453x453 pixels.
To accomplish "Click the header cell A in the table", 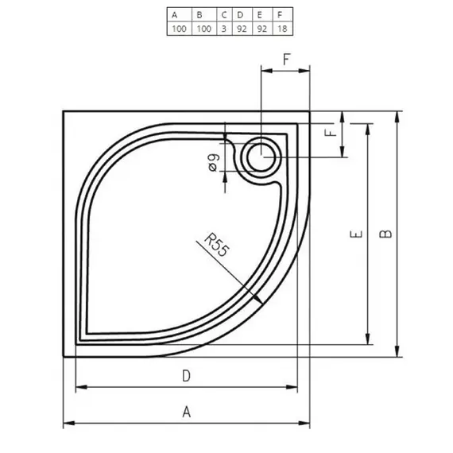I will (177, 14).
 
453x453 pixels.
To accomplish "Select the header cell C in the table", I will (224, 14).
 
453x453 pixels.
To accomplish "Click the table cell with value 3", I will (224, 28).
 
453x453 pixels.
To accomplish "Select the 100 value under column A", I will (177, 28).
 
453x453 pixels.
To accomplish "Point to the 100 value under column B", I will (203, 28).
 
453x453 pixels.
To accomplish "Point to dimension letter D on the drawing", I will (187, 376).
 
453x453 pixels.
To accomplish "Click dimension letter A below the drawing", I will (187, 411).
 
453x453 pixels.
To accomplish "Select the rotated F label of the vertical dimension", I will (332, 132).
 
